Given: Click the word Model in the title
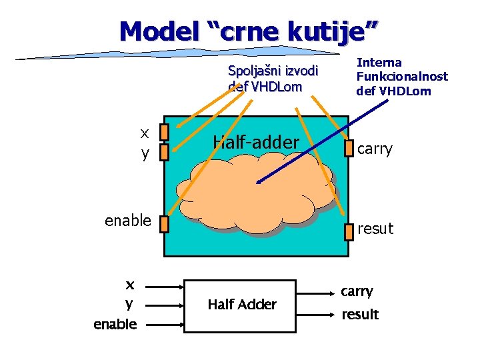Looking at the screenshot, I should click(x=157, y=30).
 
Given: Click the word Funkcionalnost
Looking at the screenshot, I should click(x=402, y=77).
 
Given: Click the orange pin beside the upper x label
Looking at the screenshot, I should click(x=165, y=131).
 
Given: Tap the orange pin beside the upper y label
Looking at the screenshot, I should click(x=165, y=152).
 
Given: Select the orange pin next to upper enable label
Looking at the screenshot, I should click(x=165, y=223).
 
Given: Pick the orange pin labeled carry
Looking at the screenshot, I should click(x=348, y=148).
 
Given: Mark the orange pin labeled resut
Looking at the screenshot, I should click(x=348, y=231).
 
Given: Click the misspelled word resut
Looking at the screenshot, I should click(x=375, y=229).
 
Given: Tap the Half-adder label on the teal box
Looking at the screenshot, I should click(x=255, y=142).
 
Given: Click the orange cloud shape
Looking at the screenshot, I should click(x=260, y=193).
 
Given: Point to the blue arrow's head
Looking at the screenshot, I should click(x=259, y=181).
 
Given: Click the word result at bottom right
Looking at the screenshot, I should click(x=360, y=314).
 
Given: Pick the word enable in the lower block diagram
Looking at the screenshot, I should click(x=115, y=324).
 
